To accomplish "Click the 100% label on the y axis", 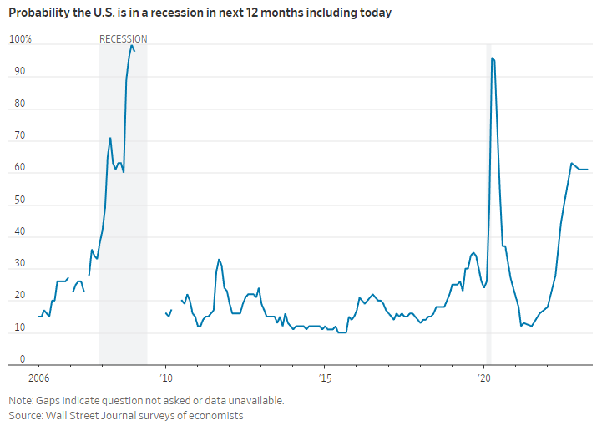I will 20,39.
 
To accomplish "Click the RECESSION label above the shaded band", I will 123,39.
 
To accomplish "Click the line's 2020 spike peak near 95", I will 493,58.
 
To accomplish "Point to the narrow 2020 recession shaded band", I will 488,209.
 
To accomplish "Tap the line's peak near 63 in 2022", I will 571,164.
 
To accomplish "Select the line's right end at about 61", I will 588,170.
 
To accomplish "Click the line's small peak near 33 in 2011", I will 219,259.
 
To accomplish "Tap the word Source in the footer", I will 26,415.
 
